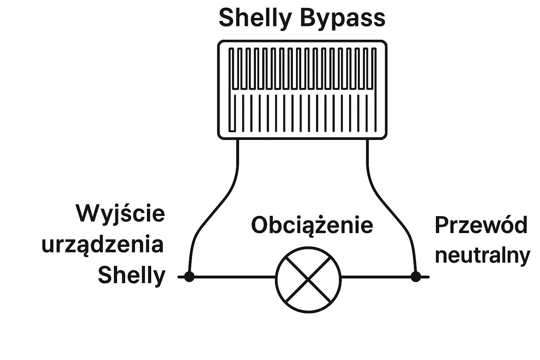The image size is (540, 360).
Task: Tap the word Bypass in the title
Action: point(343,18)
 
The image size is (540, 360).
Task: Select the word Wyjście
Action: point(121,213)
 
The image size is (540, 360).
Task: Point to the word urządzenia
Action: point(103,245)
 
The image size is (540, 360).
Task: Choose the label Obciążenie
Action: point(312,225)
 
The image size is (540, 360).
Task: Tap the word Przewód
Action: point(481,225)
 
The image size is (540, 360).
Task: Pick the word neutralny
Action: point(482,255)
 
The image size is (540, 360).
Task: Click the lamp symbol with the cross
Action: point(308,279)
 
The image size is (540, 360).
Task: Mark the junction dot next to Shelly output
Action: point(189,277)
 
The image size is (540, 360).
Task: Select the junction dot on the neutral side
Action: point(416,277)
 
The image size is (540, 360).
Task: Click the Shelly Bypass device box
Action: point(302,90)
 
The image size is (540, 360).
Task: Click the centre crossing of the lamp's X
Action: point(308,279)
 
